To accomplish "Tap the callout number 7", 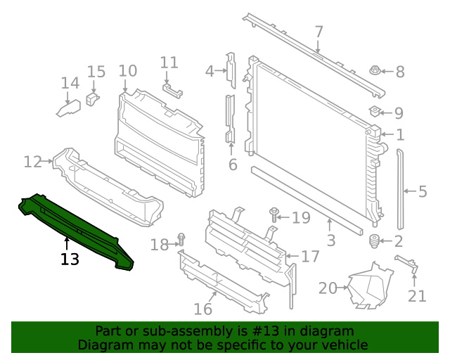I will (x=319, y=32).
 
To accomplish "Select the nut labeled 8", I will (x=375, y=70).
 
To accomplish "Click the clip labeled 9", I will (x=375, y=110).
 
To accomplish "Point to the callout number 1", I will (x=399, y=135).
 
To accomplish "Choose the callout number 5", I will (x=422, y=191).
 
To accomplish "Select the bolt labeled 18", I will (x=180, y=239).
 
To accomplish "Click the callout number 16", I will (x=202, y=309).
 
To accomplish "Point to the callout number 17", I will (x=310, y=257).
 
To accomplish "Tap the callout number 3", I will (x=330, y=241).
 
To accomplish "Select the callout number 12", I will (x=32, y=162).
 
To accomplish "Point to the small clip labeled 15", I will (x=91, y=98).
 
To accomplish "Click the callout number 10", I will (x=127, y=70).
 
